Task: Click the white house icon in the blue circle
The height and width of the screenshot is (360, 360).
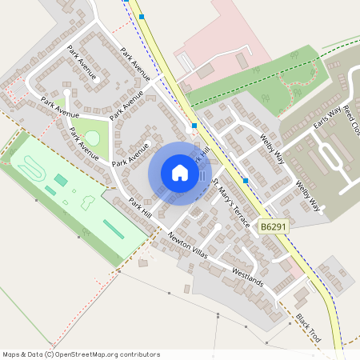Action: pyautogui.click(x=180, y=173)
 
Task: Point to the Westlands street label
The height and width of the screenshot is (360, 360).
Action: pyautogui.click(x=247, y=277)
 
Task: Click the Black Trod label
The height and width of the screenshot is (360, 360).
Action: pyautogui.click(x=307, y=328)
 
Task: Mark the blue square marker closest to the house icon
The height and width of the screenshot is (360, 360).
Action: pyautogui.click(x=194, y=126)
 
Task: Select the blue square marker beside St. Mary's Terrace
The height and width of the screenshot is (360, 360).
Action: pyautogui.click(x=245, y=181)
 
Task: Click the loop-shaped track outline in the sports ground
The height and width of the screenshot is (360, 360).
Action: pyautogui.click(x=32, y=168)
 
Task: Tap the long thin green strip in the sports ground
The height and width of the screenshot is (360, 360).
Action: pyautogui.click(x=114, y=230)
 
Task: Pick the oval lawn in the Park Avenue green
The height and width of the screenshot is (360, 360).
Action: pyautogui.click(x=93, y=138)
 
